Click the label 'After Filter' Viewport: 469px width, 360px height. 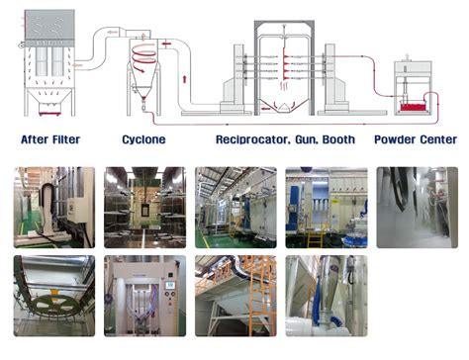[x=48, y=140]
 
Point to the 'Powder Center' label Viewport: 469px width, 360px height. [x=416, y=140]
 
